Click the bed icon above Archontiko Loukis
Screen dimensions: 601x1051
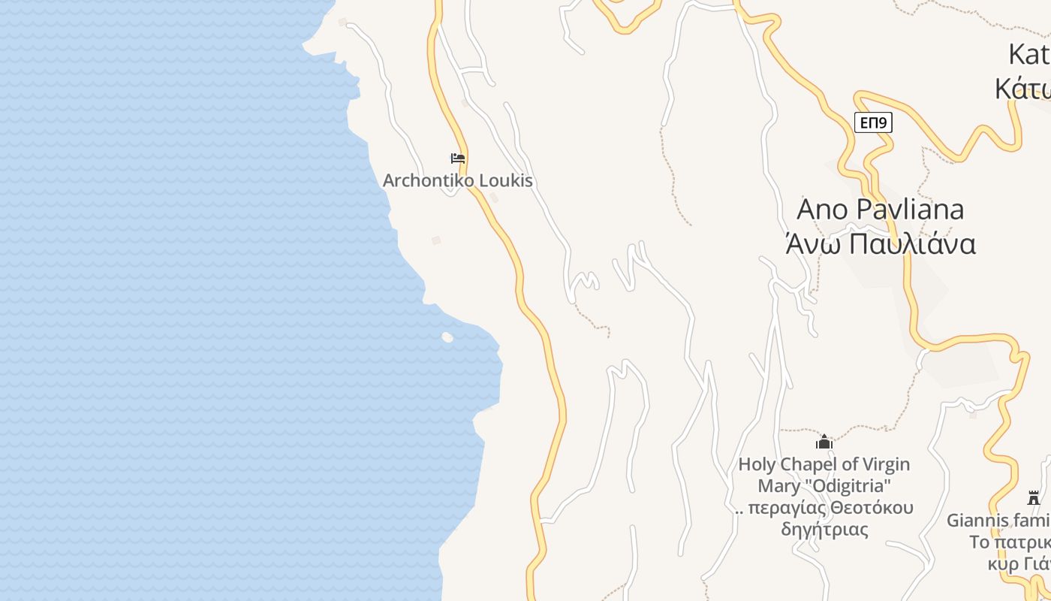point(457,159)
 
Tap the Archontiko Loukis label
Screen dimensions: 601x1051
point(457,181)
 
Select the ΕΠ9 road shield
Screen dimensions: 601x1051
point(872,122)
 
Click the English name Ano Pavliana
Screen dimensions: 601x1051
point(880,210)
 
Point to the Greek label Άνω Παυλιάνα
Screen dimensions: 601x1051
point(880,245)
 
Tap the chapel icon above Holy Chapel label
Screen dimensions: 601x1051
point(824,442)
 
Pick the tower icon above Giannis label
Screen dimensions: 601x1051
point(1033,497)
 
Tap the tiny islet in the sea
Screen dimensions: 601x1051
point(447,337)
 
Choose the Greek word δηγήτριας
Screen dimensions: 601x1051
point(824,530)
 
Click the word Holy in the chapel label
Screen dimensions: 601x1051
point(757,465)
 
